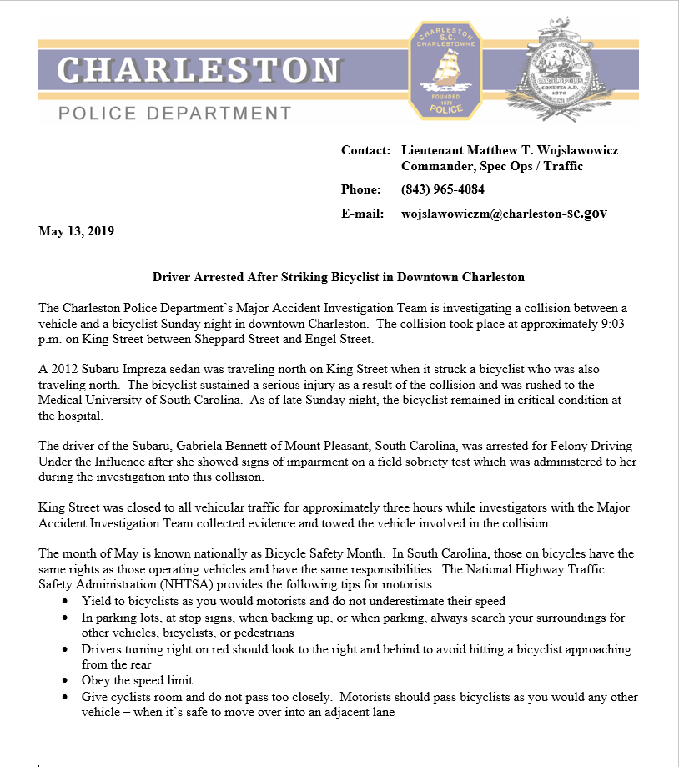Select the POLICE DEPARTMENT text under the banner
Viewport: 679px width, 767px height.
tap(175, 113)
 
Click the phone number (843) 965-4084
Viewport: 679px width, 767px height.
tap(442, 189)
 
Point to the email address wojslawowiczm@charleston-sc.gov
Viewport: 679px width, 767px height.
tap(504, 214)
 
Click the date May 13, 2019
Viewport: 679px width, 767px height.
tap(76, 231)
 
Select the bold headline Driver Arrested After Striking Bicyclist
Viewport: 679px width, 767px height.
tap(338, 277)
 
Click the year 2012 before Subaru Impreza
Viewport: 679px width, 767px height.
tap(63, 369)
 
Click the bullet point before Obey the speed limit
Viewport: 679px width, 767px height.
tap(66, 681)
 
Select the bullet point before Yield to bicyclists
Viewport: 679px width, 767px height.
tap(66, 601)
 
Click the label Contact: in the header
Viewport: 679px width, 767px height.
tap(365, 150)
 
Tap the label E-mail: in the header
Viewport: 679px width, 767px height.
tap(363, 214)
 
